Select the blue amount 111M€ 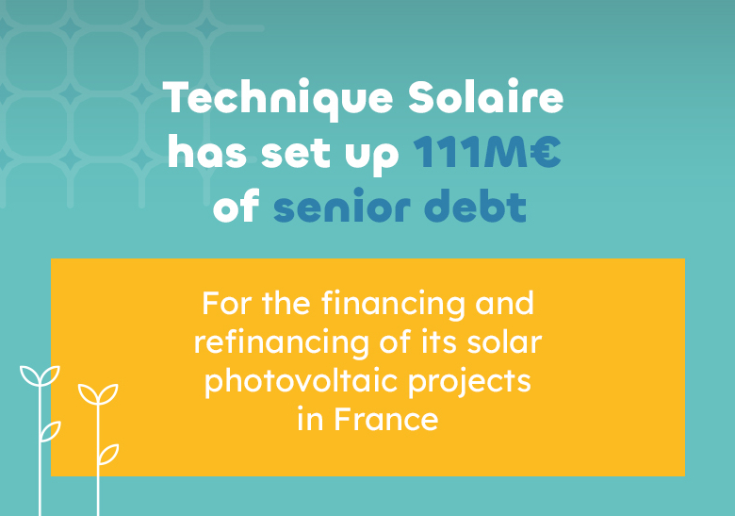487,154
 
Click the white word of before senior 237,208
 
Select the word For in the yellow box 223,305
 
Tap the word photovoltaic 299,382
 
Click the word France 385,419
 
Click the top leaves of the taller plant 40,376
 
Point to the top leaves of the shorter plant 97,392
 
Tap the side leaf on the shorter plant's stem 109,454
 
